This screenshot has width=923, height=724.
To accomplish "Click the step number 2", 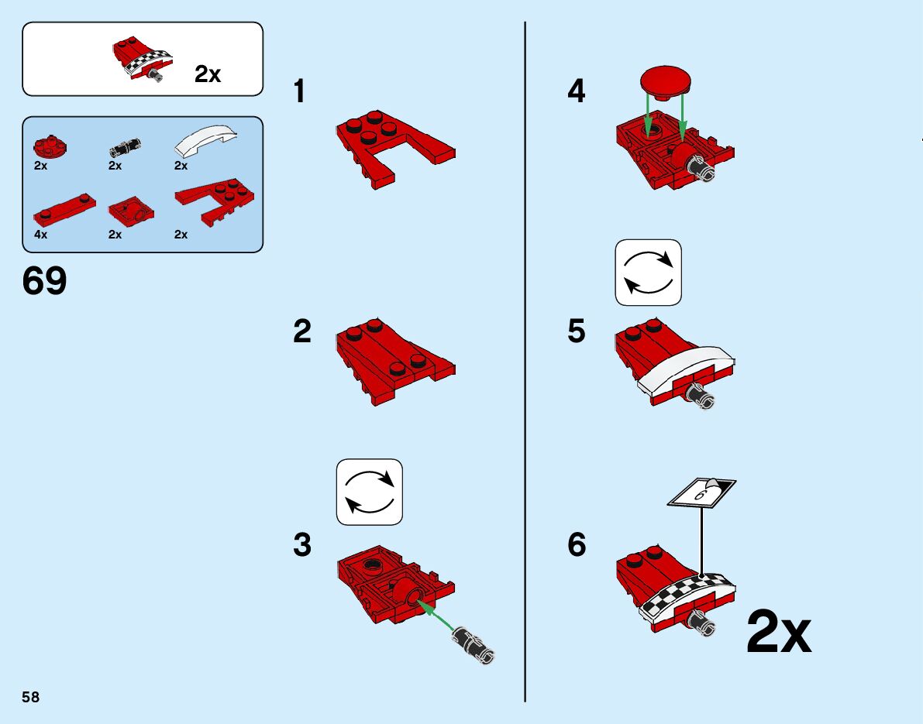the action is point(302,332).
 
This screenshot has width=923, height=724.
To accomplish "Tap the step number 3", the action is point(302,545).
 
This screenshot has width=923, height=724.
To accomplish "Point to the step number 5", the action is point(577,332).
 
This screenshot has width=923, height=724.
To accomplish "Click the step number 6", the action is point(577,545).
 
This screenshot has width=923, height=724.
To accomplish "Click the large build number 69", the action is point(45,281).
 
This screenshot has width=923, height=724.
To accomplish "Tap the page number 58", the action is point(31,698).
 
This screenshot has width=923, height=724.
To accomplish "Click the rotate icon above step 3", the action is point(370,492).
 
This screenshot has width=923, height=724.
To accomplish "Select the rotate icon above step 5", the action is point(649,272).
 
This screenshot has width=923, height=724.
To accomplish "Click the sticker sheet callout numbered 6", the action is point(702,492).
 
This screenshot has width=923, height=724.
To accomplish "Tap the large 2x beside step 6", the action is point(779,633).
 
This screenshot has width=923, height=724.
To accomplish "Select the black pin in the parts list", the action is point(124,144).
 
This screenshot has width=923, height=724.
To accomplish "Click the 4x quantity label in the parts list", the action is point(41,234).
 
